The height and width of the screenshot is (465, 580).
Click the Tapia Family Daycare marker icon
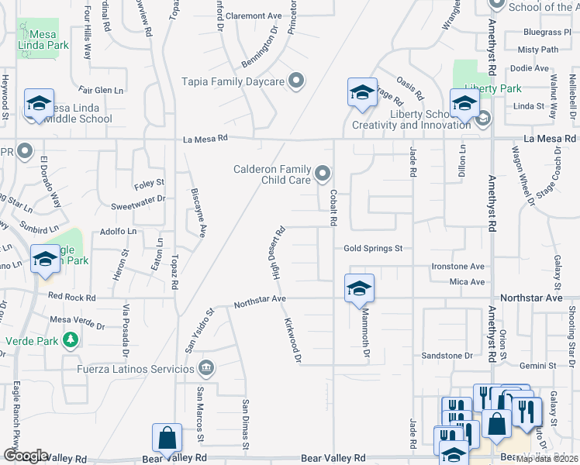pyautogui.click(x=295, y=81)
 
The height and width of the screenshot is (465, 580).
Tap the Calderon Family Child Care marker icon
pyautogui.click(x=322, y=172)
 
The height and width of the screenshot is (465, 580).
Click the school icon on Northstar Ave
pyautogui.click(x=359, y=288)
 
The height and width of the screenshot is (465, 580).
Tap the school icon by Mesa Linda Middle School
pyautogui.click(x=38, y=103)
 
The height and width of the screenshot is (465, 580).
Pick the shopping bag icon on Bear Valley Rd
pyautogui.click(x=167, y=439)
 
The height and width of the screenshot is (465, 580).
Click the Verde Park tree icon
pyautogui.click(x=71, y=339)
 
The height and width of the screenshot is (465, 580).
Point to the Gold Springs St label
pyautogui.click(x=373, y=248)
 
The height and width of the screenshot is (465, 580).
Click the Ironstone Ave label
pyautogui.click(x=459, y=266)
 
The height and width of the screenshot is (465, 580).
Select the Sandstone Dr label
pyautogui.click(x=447, y=356)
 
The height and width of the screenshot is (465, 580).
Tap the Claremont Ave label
pyautogui.click(x=254, y=15)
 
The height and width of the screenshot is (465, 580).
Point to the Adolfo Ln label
pyautogui.click(x=118, y=231)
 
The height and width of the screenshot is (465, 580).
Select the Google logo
pyautogui.click(x=26, y=455)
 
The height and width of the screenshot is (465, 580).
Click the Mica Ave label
pyautogui.click(x=468, y=282)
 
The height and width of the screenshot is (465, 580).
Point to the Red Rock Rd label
pyautogui.click(x=71, y=297)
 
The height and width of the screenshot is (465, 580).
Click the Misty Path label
pyautogui.click(x=537, y=50)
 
